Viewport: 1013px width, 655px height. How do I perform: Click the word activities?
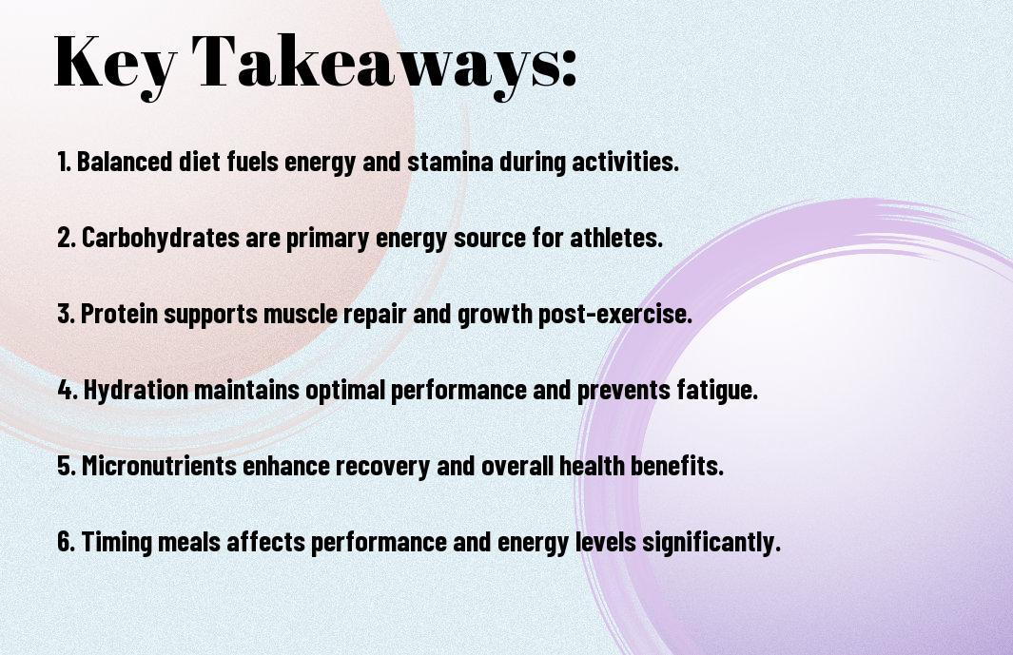tap(625, 162)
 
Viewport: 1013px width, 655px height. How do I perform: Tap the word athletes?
tap(616, 238)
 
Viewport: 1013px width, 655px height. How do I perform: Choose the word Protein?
tap(120, 314)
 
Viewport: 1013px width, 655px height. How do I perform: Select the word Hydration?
tap(136, 390)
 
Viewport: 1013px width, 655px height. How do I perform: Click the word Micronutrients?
tap(159, 465)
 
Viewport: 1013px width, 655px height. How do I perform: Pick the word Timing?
tap(117, 541)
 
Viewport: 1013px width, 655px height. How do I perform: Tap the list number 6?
tap(66, 541)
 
